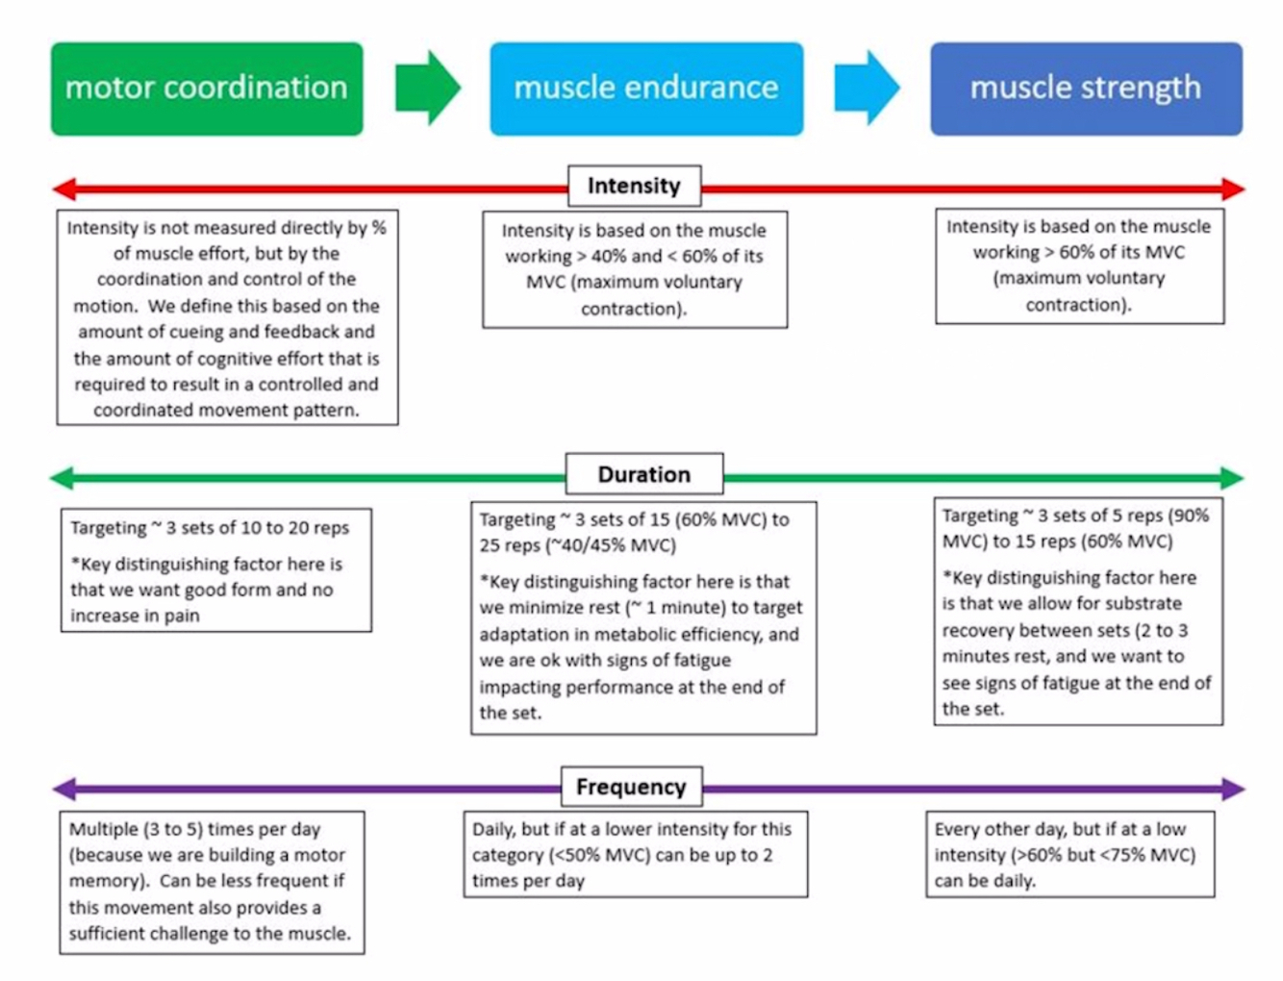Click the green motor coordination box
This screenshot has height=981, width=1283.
[x=207, y=88]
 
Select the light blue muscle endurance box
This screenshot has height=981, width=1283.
[x=646, y=88]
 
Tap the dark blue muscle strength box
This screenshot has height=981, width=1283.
[x=1086, y=88]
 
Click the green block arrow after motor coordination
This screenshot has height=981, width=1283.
[x=428, y=88]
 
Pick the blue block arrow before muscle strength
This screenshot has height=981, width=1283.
[x=867, y=88]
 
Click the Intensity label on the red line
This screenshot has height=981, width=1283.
[x=634, y=186]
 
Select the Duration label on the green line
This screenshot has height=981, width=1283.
[x=644, y=474]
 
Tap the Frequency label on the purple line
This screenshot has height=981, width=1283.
[x=631, y=787]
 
